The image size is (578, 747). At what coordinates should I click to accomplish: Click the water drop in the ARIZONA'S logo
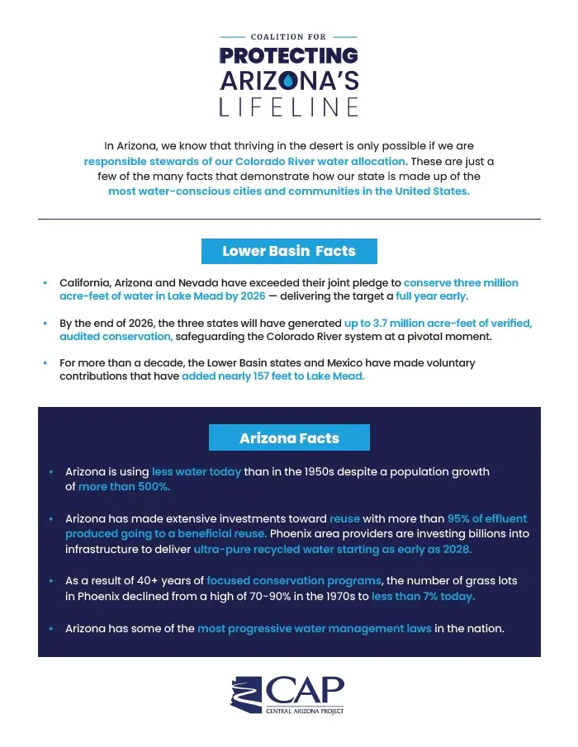[x=288, y=82]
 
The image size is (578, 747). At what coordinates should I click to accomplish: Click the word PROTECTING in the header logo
[x=288, y=56]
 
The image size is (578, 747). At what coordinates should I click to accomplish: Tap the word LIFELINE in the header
[x=288, y=107]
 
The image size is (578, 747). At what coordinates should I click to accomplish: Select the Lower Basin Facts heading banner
[x=289, y=251]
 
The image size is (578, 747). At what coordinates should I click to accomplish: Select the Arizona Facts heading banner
[x=289, y=438]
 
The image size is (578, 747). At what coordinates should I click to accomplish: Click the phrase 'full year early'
[x=431, y=295]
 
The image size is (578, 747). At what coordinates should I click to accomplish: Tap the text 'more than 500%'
[x=124, y=486]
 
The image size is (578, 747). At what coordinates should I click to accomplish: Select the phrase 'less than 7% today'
[x=423, y=596]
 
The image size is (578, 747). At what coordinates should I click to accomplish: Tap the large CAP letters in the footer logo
[x=306, y=689]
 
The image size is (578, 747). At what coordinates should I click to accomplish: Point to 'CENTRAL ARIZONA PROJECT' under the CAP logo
[x=304, y=711]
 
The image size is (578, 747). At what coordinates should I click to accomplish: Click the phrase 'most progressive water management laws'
[x=314, y=628]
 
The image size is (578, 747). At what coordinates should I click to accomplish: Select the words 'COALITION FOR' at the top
[x=288, y=37]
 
